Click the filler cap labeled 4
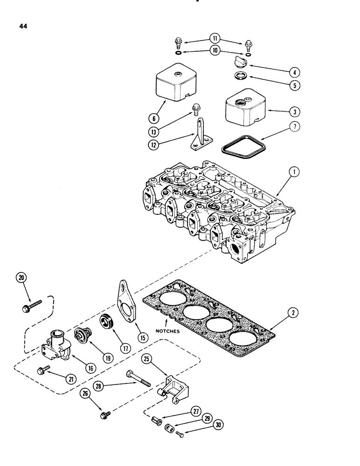(238, 63)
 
